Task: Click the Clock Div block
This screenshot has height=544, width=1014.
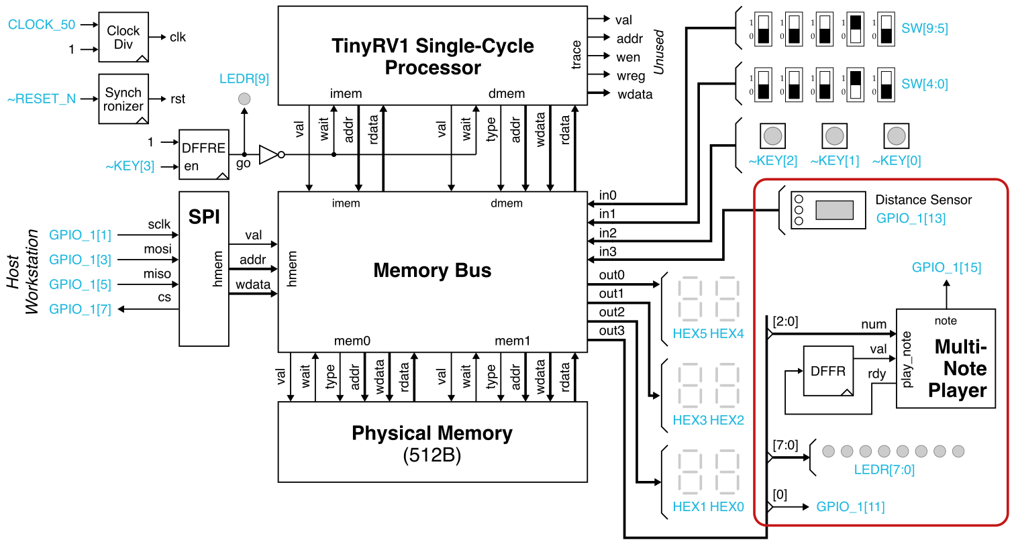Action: point(123,37)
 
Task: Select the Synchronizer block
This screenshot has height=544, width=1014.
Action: point(123,99)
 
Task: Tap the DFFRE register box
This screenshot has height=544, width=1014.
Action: point(203,155)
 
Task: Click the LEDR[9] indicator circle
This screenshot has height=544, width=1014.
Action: point(244,99)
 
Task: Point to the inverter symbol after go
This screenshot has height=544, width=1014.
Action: point(269,155)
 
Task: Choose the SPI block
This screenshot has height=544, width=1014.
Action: point(203,268)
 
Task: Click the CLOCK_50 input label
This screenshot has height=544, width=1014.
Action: point(42,25)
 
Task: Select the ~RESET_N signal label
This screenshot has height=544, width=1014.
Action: point(41,99)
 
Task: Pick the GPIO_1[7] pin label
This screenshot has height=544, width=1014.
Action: point(80,309)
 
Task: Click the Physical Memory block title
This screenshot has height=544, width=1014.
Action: point(432,433)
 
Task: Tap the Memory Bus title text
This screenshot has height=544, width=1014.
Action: point(432,270)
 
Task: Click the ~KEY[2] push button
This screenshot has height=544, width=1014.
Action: point(772,136)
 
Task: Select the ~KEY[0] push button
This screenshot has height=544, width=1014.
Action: point(896,136)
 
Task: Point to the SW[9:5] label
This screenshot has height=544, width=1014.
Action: point(924,28)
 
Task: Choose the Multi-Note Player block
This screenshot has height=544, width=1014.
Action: point(946,358)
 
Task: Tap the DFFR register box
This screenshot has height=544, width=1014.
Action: point(827,371)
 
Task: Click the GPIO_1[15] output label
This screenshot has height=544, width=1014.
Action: point(946,267)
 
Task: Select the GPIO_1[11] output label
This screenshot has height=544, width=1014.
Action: point(850,506)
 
